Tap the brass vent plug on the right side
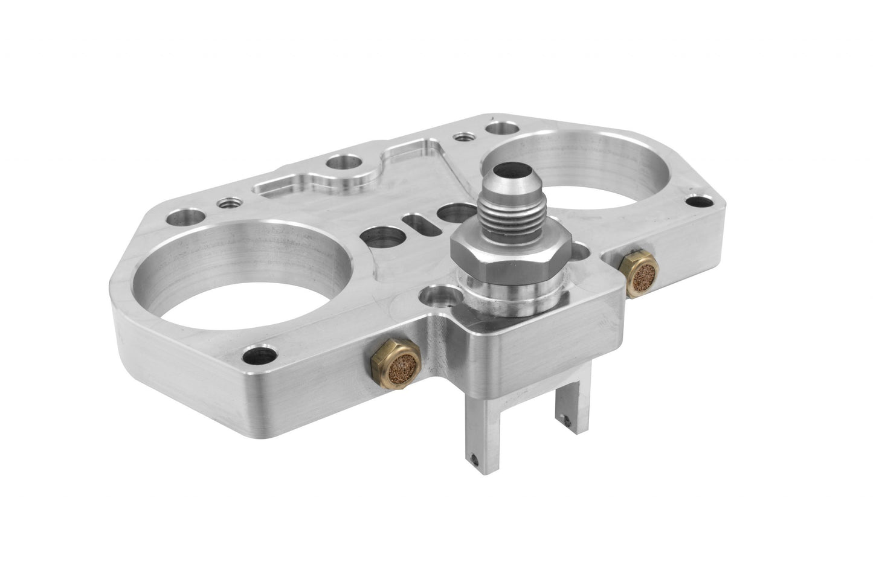637,273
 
